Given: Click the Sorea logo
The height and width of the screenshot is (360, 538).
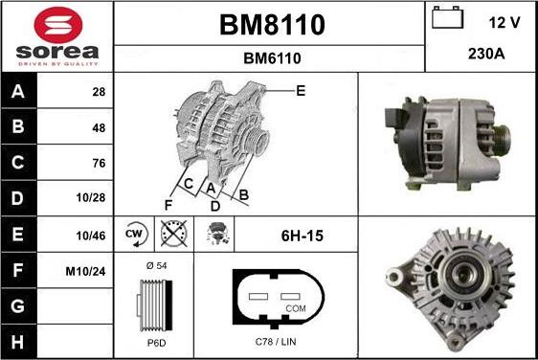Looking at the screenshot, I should click(56, 35).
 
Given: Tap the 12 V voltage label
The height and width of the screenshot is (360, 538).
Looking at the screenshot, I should click(505, 20).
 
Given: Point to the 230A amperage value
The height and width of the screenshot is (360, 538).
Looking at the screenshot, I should click(481, 55).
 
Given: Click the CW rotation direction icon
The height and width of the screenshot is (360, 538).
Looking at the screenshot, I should click(135, 235).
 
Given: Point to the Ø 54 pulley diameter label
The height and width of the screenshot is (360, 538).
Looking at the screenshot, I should click(155, 265).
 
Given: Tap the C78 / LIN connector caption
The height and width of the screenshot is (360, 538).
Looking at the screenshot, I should click(275, 342).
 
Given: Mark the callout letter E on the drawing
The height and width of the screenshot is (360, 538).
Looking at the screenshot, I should click(300, 91).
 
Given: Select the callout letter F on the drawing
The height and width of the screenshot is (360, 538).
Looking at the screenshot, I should click(168, 204).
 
